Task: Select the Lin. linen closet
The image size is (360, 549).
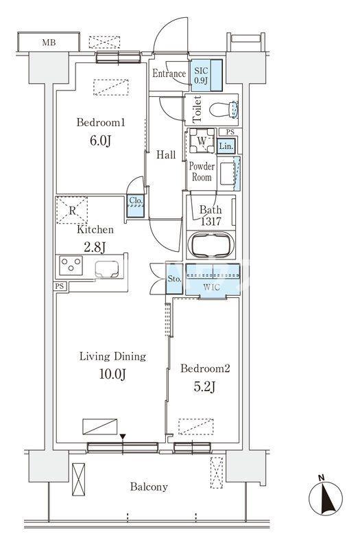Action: click(x=227, y=146)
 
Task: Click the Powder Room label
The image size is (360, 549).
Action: click(x=202, y=172)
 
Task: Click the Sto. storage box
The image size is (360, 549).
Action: click(x=174, y=279)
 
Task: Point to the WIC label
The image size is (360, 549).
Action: click(x=212, y=288)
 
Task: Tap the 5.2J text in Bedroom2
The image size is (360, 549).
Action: click(x=204, y=387)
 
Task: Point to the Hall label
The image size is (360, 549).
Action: click(x=166, y=155)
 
